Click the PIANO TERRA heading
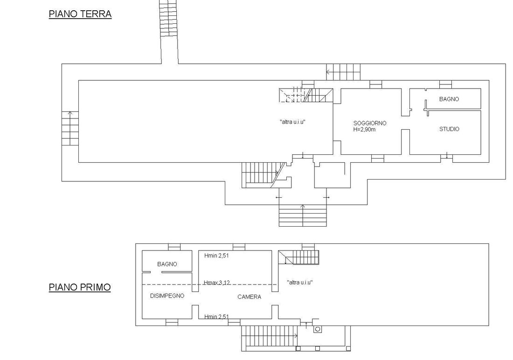80,14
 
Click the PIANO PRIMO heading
80,287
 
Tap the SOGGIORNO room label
370,123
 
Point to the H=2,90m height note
364,129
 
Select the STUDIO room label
449,129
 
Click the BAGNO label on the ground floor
449,99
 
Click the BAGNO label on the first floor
167,264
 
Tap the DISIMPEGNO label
167,296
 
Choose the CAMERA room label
250,297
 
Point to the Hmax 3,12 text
216,283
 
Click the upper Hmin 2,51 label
216,256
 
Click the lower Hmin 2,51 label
216,317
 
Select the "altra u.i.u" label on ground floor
293,122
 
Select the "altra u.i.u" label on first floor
299,282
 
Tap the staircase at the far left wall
70,129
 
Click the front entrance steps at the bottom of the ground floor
303,215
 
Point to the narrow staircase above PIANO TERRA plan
169,18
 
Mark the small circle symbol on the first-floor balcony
317,330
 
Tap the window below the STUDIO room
447,159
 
